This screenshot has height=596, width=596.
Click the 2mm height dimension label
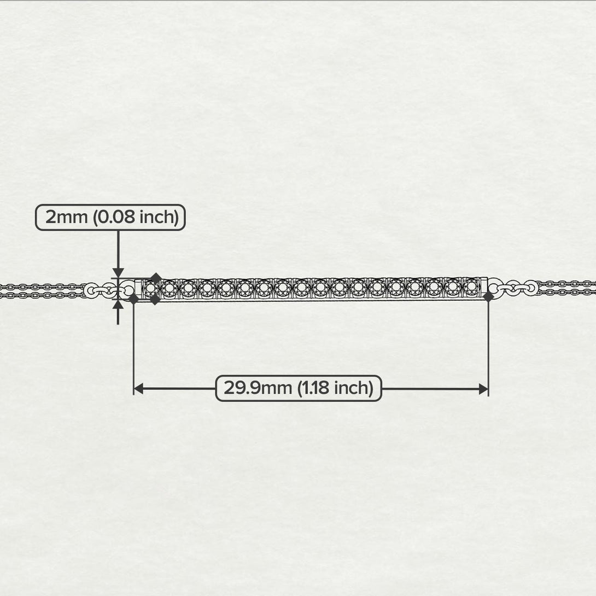(x=110, y=217)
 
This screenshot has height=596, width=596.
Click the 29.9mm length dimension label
(x=298, y=389)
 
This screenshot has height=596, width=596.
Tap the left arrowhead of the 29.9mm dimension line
(x=138, y=389)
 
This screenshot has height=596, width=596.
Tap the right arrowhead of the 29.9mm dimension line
(x=483, y=389)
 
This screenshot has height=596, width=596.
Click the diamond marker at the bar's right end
(x=488, y=297)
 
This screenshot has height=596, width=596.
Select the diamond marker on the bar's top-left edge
(x=155, y=278)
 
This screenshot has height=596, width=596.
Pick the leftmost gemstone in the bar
(x=151, y=287)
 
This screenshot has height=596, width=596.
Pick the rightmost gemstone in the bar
(x=470, y=287)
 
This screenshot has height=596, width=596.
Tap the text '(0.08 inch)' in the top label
(x=136, y=217)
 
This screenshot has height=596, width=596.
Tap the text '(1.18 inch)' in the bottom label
(x=335, y=389)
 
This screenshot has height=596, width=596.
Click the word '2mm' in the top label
(x=66, y=217)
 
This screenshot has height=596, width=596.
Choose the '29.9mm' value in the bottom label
(x=258, y=389)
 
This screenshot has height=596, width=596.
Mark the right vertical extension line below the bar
(x=488, y=344)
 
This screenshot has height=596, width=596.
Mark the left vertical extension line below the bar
(x=134, y=344)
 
